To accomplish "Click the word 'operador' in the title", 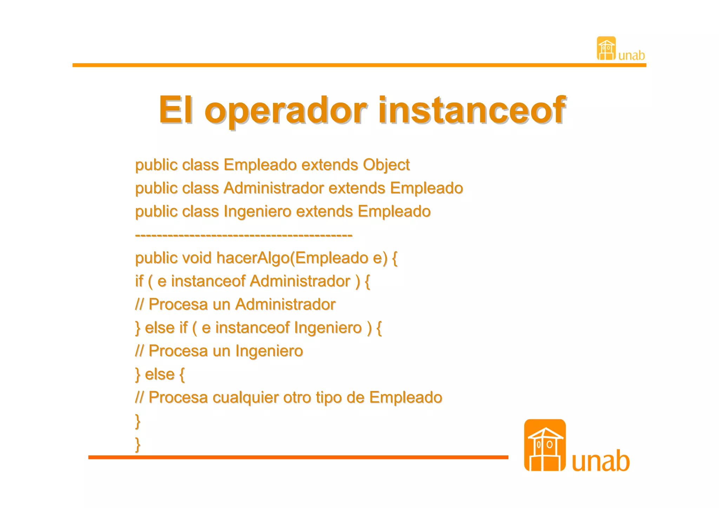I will (x=286, y=110).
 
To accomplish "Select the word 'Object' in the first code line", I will (x=386, y=165).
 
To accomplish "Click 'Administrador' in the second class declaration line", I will (x=273, y=188).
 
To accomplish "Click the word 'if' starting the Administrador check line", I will (x=139, y=281).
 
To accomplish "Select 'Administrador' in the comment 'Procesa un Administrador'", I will (x=285, y=304).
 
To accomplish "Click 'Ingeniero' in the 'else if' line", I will (x=328, y=328).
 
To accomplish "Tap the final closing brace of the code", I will (x=138, y=444).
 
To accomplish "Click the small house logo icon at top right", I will (x=606, y=48).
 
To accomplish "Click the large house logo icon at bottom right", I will (x=545, y=445).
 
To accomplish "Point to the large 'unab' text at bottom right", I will (x=601, y=461).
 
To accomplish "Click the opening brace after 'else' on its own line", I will (x=182, y=375).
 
